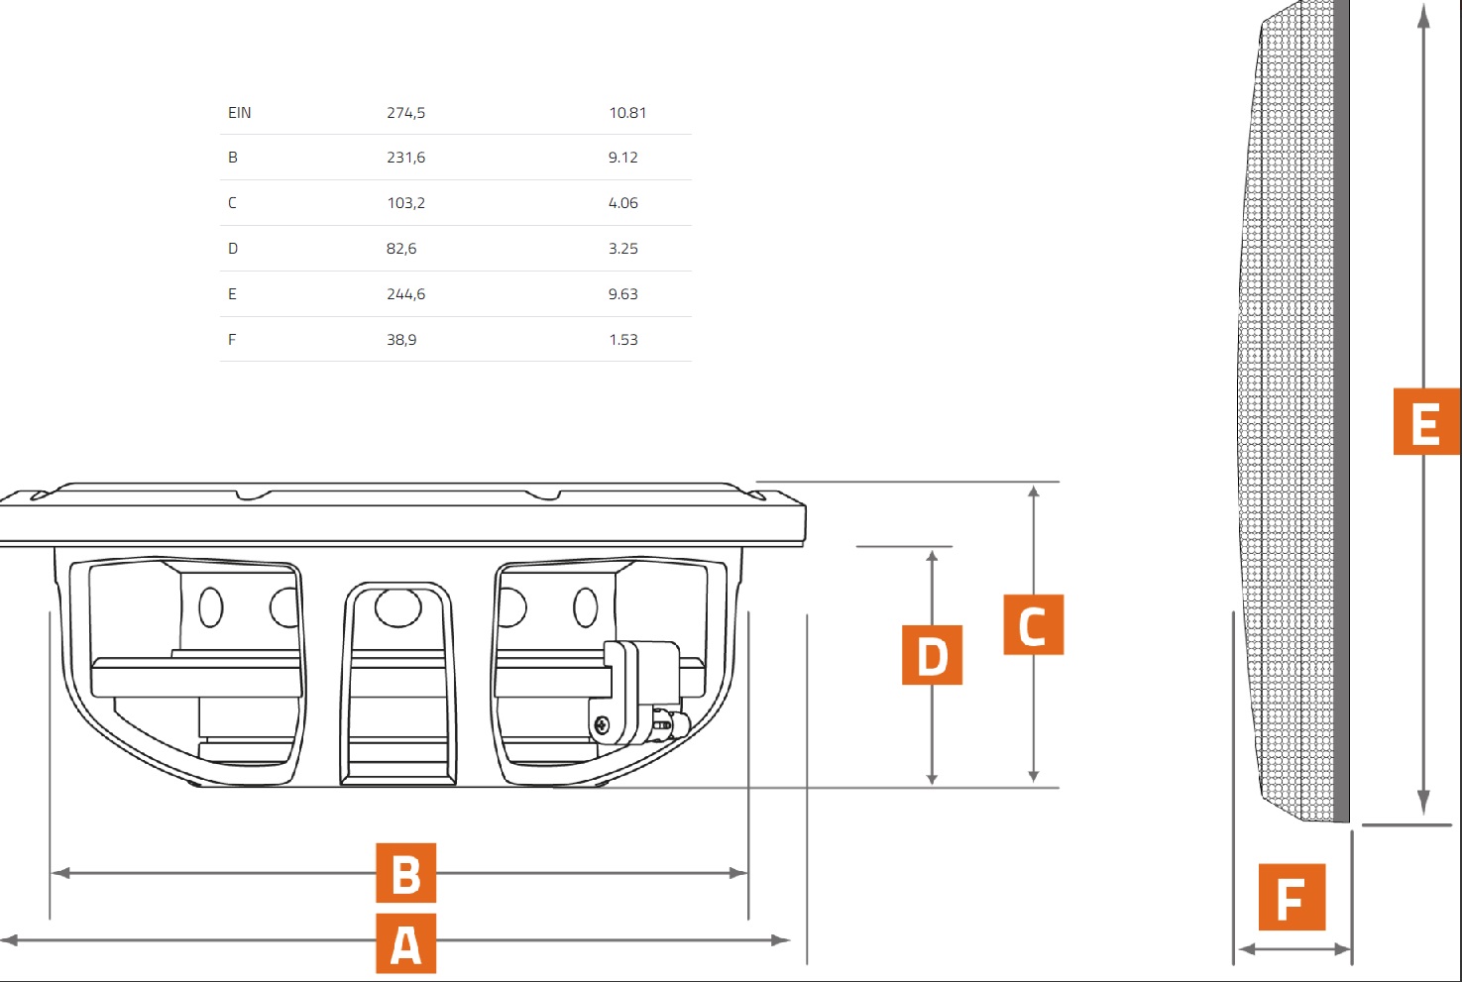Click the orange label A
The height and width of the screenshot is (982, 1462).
(405, 943)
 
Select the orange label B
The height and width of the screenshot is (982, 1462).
(405, 873)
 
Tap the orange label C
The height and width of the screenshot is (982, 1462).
(1033, 624)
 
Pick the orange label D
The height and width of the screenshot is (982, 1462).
(932, 655)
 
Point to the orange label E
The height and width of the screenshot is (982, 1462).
(1425, 422)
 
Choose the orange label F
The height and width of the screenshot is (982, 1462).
(1292, 897)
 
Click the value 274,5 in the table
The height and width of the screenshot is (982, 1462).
(405, 113)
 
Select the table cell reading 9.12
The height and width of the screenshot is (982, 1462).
(622, 158)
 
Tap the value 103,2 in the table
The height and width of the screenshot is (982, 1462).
(405, 203)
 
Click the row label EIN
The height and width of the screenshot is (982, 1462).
(239, 113)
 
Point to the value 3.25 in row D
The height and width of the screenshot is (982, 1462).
(622, 249)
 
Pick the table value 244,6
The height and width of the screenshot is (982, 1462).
(405, 294)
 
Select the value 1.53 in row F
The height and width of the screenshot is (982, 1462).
(622, 340)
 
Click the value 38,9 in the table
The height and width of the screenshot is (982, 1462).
(400, 340)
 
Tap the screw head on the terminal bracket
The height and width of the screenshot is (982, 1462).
(603, 726)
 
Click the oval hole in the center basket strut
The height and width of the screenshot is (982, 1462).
(397, 606)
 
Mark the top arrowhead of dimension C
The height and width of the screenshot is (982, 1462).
(1034, 491)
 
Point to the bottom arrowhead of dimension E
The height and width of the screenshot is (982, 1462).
(1423, 805)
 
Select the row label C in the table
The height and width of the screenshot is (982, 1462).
(232, 203)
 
